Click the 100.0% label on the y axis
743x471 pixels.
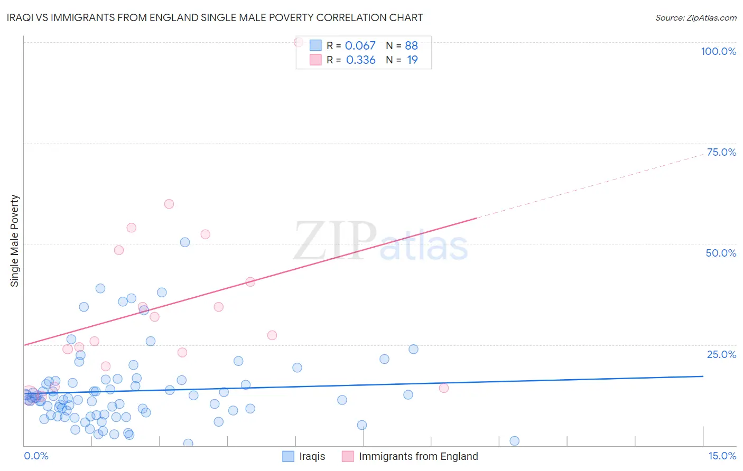[x=718, y=51]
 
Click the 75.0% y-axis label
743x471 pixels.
[x=721, y=152]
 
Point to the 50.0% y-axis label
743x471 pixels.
[x=721, y=253]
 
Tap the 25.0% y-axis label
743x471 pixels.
[x=721, y=354]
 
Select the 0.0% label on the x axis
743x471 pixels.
[x=36, y=456]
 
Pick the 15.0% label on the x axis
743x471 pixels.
[x=722, y=456]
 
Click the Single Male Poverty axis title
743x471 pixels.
[x=15, y=241]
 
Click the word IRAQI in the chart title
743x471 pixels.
[x=21, y=17]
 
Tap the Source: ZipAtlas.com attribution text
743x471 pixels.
[x=695, y=17]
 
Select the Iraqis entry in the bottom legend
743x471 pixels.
[x=312, y=456]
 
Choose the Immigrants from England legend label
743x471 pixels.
[x=418, y=456]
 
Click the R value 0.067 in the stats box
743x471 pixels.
[x=360, y=45]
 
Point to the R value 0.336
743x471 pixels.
[x=360, y=60]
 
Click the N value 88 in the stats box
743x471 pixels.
[x=411, y=45]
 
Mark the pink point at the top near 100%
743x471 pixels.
[x=299, y=42]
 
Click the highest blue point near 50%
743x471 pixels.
[x=185, y=242]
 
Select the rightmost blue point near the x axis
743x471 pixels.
[x=514, y=441]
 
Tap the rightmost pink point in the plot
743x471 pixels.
[x=444, y=388]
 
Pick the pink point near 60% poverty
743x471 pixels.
[x=169, y=204]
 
